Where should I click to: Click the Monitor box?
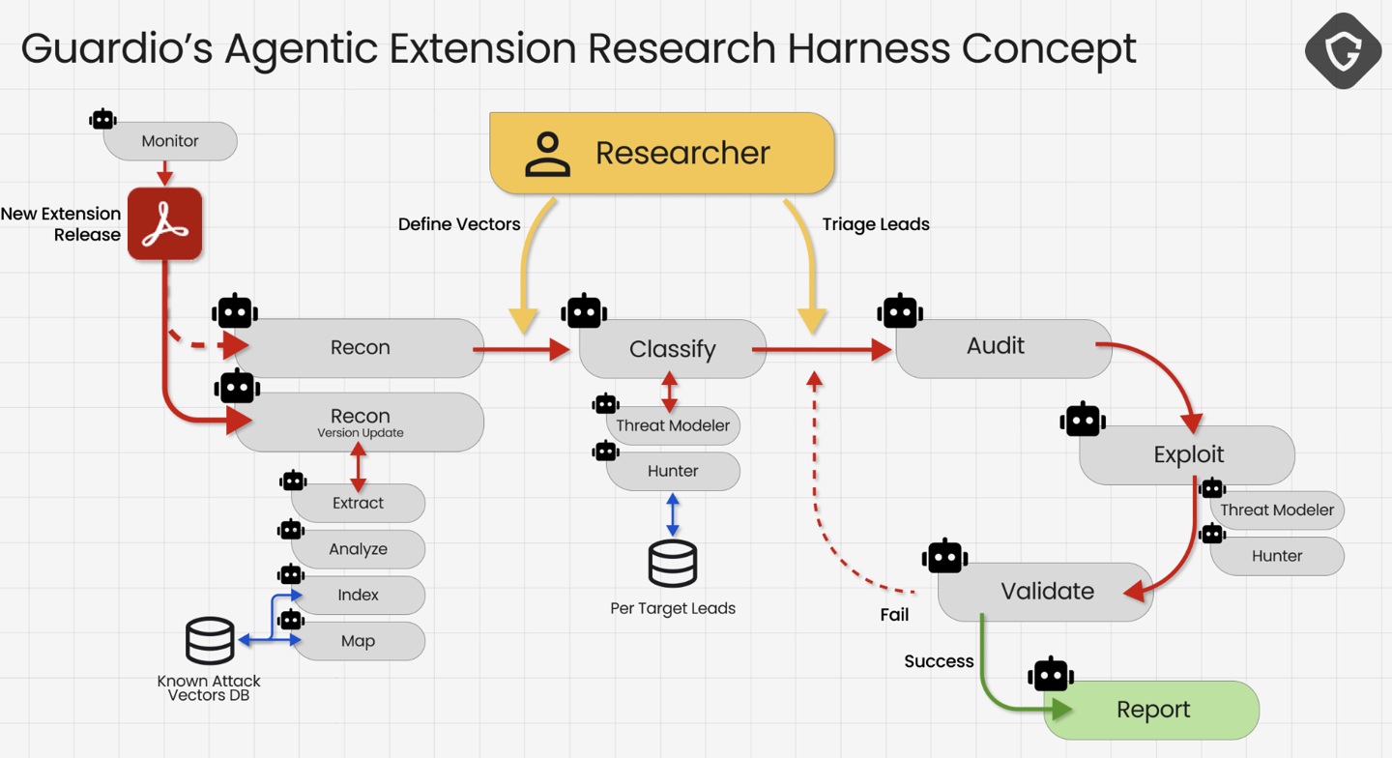(x=170, y=141)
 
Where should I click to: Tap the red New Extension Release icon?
(x=164, y=223)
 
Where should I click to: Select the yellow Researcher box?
(x=662, y=153)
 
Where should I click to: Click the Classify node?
(x=673, y=349)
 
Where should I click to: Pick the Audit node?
(x=1003, y=348)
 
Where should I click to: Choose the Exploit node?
(x=1187, y=454)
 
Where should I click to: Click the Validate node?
(x=1046, y=592)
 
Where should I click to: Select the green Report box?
(x=1151, y=710)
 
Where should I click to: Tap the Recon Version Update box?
(x=360, y=422)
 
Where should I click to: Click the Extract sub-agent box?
(x=358, y=503)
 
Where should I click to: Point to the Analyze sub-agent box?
(x=358, y=548)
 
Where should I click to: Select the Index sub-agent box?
(x=358, y=595)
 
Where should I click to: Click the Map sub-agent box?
(x=358, y=641)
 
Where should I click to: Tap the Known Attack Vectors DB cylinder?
(x=210, y=641)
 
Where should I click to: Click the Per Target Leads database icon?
(x=673, y=564)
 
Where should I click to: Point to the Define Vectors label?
(x=459, y=224)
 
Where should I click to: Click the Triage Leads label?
(x=876, y=224)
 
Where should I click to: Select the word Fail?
(x=894, y=615)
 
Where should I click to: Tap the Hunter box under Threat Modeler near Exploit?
(x=1277, y=556)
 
